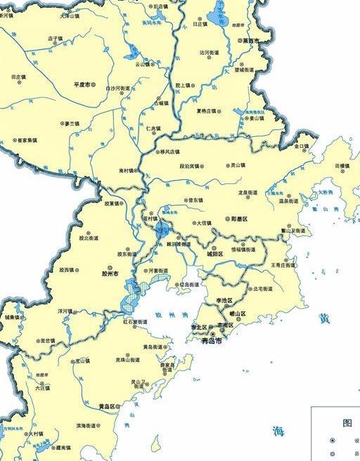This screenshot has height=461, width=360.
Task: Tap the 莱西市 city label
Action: pyautogui.click(x=250, y=41)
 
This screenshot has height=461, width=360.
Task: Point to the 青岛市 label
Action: pyautogui.click(x=211, y=341)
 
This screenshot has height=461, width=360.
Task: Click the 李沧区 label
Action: pyautogui.click(x=224, y=300)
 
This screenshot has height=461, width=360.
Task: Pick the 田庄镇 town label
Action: pyautogui.click(x=18, y=76)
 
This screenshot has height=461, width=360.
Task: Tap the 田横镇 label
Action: pyautogui.click(x=342, y=166)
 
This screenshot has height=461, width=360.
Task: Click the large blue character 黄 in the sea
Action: pyautogui.click(x=323, y=318)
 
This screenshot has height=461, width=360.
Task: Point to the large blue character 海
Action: pyautogui.click(x=280, y=431)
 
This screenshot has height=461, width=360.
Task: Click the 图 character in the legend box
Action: pyautogui.click(x=347, y=422)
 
